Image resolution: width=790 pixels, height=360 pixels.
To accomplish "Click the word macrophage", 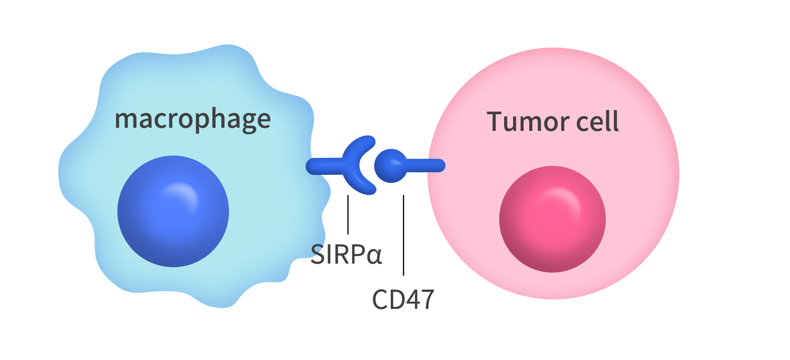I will point(193,120).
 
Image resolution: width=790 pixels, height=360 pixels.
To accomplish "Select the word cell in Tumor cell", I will point(598,121).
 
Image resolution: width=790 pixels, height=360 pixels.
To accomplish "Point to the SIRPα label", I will point(346,254).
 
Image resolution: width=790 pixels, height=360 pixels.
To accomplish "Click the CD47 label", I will point(403,299).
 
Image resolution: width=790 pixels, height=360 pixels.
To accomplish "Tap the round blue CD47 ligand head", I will point(390,166).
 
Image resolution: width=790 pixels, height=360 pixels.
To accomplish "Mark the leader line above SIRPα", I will point(348,214).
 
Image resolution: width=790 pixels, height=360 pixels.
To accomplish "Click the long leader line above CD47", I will point(403,235).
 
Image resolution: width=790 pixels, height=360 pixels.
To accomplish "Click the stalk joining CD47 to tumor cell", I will point(426,165).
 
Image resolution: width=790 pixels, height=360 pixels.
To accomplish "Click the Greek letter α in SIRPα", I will point(374,256).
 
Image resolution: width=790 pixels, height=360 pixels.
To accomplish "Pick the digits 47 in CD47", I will point(419,299).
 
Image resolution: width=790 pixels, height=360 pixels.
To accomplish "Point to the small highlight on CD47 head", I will point(394,161).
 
